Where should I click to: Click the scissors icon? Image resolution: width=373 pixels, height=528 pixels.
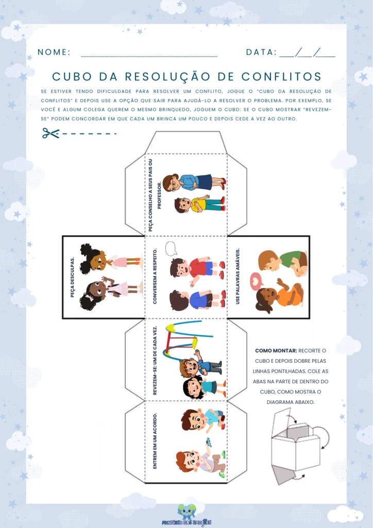[51, 134]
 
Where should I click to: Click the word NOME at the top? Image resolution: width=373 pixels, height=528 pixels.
[54, 52]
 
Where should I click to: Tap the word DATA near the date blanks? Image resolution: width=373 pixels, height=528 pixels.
[261, 52]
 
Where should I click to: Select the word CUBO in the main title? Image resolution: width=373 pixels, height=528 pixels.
[72, 76]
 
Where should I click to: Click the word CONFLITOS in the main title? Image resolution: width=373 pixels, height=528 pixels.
[281, 76]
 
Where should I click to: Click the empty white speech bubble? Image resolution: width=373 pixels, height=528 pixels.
[171, 249]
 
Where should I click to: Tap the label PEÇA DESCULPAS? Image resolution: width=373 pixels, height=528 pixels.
[72, 278]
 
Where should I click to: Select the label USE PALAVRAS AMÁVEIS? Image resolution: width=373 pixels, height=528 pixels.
[238, 276]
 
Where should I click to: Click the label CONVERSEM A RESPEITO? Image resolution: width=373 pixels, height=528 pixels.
[155, 276]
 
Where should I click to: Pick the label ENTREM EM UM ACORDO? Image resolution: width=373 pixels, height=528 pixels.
[155, 441]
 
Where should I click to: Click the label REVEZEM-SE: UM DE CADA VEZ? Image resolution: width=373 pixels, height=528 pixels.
[155, 360]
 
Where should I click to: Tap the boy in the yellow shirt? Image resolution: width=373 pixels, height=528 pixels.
[199, 204]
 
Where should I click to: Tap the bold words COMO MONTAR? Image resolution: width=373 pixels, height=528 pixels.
[276, 351]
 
